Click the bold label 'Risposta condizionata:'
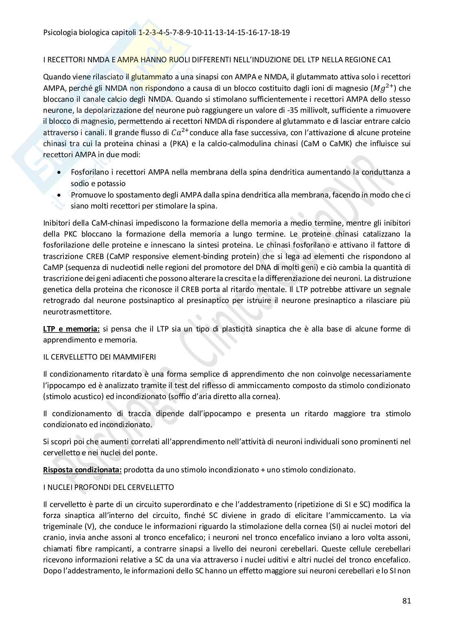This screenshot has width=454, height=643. (x=82, y=470)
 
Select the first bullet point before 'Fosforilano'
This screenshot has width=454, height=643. (x=60, y=173)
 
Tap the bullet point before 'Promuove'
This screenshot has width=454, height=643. (x=60, y=195)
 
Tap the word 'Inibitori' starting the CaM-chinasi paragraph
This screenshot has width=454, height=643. (x=57, y=223)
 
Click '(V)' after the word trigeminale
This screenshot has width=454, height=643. (x=88, y=526)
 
